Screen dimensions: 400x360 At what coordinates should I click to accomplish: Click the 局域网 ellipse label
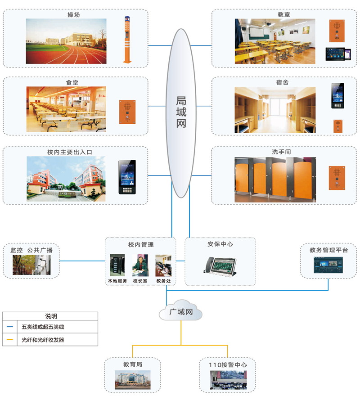(x=181, y=112)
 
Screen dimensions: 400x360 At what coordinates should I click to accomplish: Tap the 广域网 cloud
(x=181, y=312)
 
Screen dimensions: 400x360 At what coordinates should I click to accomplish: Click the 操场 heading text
(x=74, y=15)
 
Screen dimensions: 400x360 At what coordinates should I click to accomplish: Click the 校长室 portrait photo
(x=140, y=265)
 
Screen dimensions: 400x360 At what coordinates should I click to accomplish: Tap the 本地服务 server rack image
(x=117, y=265)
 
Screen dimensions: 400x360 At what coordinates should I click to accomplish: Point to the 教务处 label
(x=163, y=281)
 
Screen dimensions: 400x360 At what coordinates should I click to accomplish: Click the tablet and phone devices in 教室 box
(x=337, y=54)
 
